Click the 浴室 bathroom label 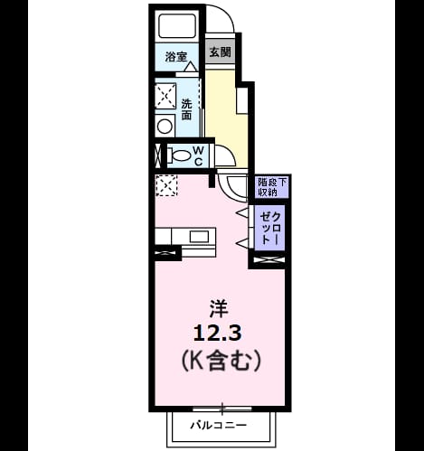click(176, 57)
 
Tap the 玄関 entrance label click(221, 52)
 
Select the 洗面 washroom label click(186, 109)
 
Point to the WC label click(198, 155)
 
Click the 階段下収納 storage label click(272, 187)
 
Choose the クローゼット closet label click(270, 228)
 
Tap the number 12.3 click(217, 334)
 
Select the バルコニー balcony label click(218, 425)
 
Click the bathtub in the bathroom click(176, 26)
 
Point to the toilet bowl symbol click(179, 156)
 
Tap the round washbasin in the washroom click(165, 126)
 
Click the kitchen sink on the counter click(199, 236)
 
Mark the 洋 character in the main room click(218, 309)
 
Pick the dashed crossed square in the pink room click(166, 185)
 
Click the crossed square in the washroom click(165, 96)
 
